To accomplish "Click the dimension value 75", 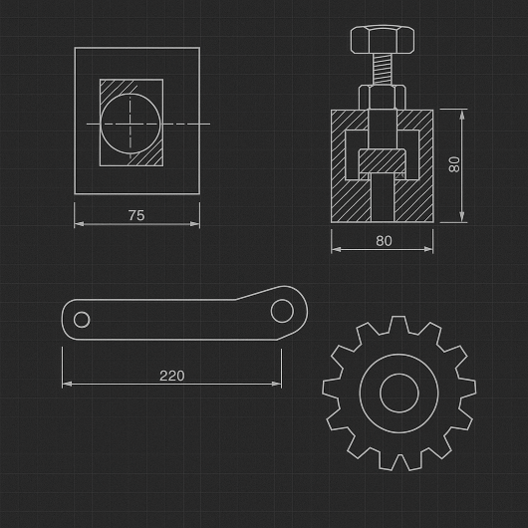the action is pos(136,215).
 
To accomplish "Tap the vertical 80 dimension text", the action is pos(454,164).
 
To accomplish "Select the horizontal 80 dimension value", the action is pos(384,241).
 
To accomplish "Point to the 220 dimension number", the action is pos(171,376).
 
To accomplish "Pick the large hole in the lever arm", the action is pos(282,311).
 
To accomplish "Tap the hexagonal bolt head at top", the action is pos(383,40).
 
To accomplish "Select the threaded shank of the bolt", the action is pos(383,69).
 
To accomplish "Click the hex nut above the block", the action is pos(383,97).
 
